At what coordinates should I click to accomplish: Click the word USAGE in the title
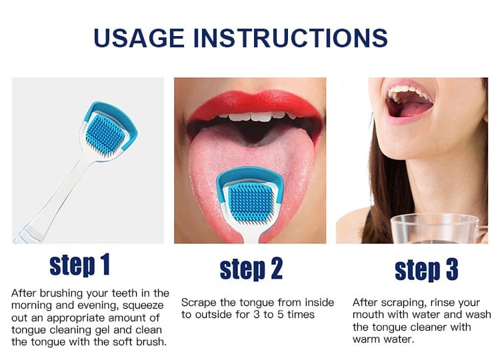pos(139,38)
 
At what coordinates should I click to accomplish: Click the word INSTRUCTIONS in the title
pos(291,38)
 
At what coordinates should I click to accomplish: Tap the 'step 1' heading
pos(80,265)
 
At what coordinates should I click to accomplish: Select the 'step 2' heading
pos(251,269)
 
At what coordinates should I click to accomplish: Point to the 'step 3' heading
pos(427,269)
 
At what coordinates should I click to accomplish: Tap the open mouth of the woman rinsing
pos(409,102)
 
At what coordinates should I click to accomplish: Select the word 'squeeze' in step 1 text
pos(143,305)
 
